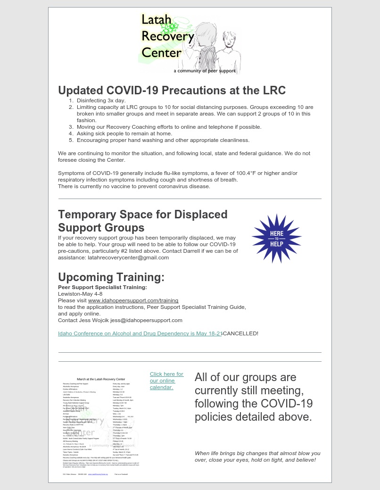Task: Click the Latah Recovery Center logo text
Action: click(167, 36)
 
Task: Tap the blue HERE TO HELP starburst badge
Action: click(276, 238)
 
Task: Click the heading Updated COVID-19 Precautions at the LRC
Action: click(172, 90)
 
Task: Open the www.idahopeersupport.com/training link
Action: click(133, 300)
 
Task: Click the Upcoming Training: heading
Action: click(111, 277)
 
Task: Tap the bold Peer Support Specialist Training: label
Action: click(102, 287)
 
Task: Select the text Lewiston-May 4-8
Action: click(80, 294)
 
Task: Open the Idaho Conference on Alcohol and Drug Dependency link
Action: click(140, 333)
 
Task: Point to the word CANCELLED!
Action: click(240, 333)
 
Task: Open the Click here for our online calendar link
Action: click(166, 381)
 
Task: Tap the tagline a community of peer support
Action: click(205, 71)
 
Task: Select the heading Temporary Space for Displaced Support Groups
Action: click(142, 221)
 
